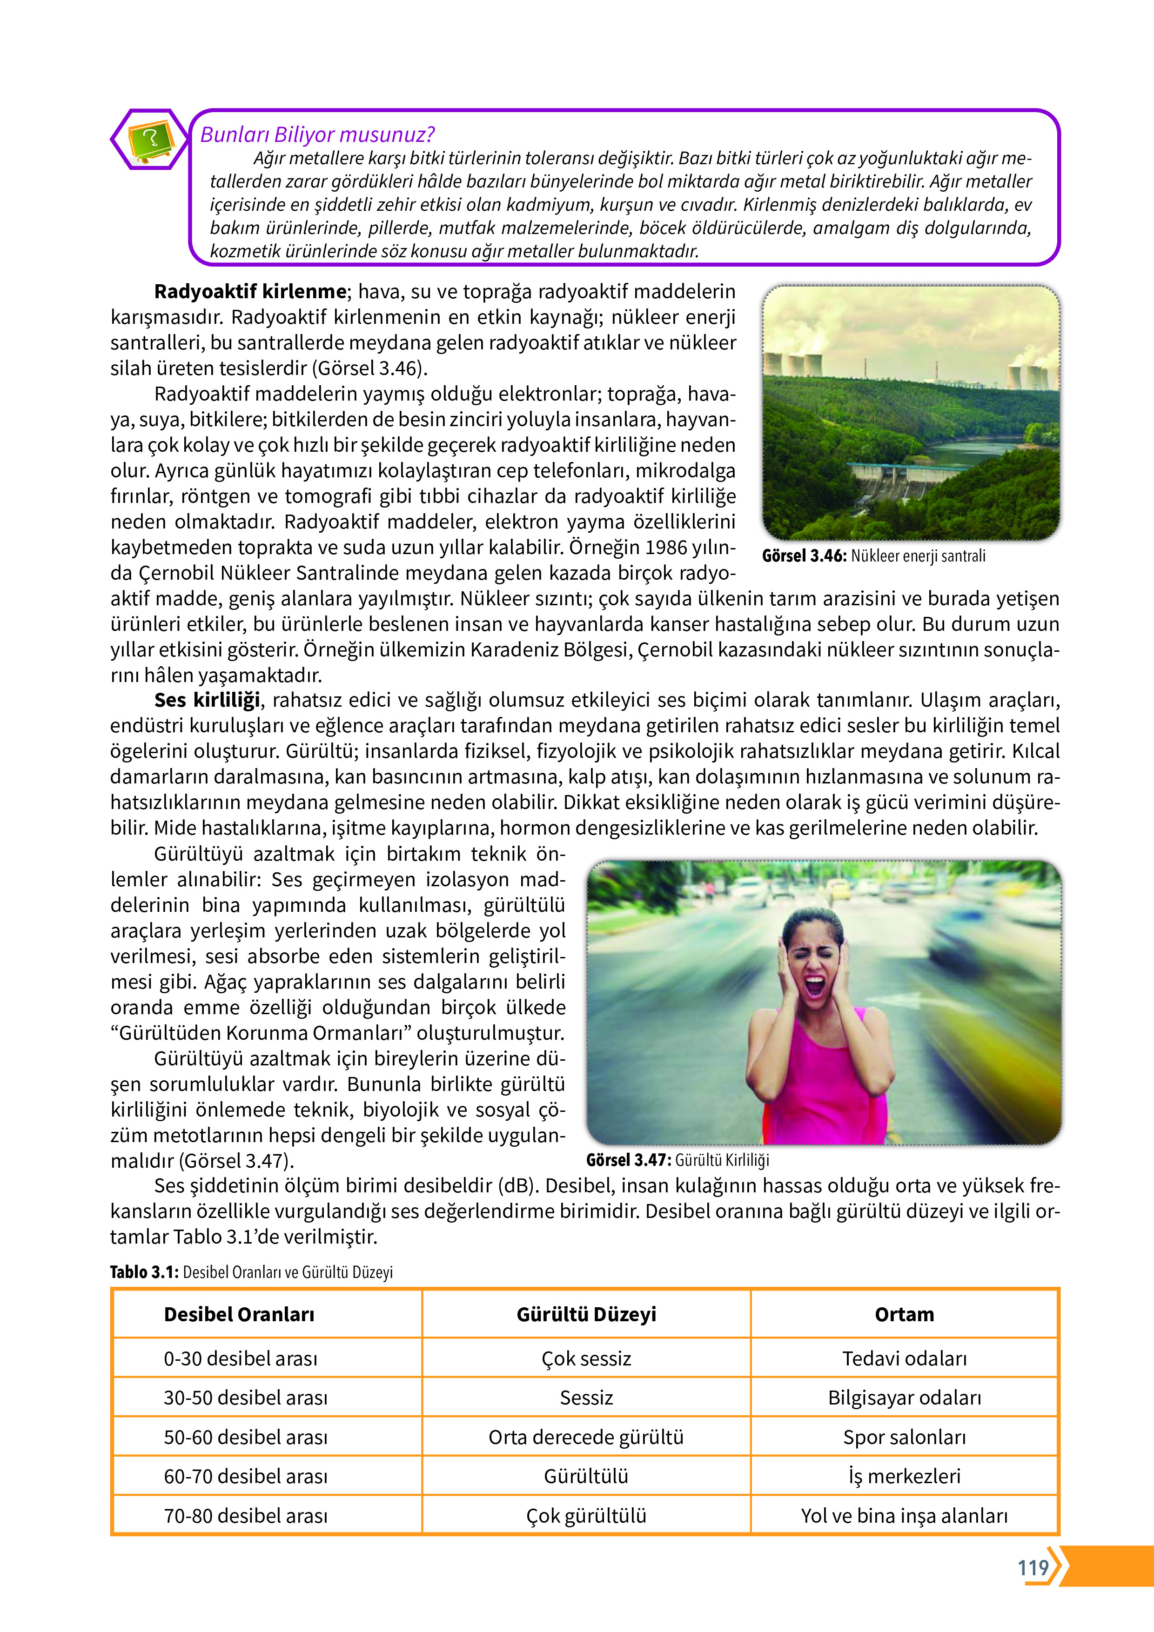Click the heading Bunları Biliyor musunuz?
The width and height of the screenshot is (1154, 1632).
click(317, 134)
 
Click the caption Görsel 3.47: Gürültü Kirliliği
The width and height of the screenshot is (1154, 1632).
click(677, 1160)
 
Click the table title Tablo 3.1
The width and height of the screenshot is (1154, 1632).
click(144, 1271)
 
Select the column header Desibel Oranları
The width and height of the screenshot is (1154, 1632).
click(239, 1314)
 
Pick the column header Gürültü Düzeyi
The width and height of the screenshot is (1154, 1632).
click(586, 1314)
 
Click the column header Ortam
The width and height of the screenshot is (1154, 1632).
click(904, 1314)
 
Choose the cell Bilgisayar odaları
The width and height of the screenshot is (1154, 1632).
click(904, 1398)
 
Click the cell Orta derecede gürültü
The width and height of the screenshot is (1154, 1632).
click(586, 1437)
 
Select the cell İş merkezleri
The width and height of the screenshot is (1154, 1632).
click(904, 1476)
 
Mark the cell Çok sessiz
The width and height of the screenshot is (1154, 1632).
click(586, 1358)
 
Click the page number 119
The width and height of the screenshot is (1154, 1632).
click(1033, 1567)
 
